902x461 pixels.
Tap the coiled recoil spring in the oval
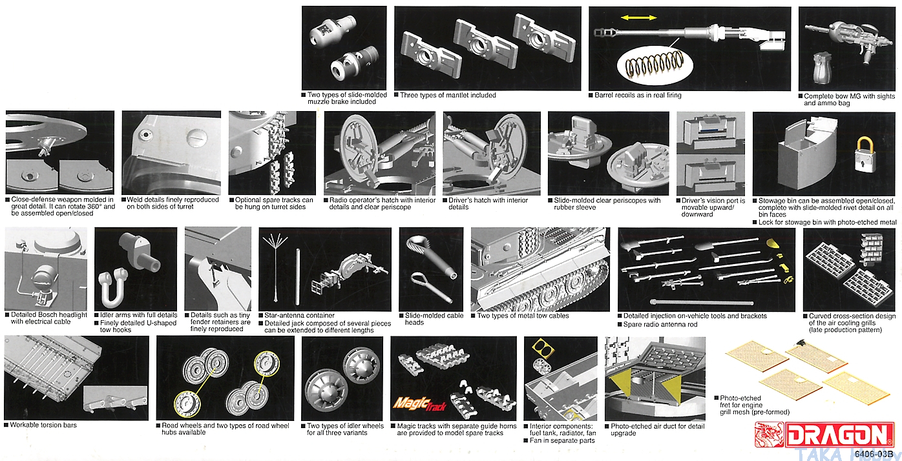pyautogui.click(x=653, y=65)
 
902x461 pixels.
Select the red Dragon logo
pyautogui.click(x=825, y=434)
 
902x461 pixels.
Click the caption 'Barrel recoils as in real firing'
pyautogui.click(x=638, y=96)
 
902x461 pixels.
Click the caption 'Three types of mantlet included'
pyautogui.click(x=448, y=96)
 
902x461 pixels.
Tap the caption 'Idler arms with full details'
pyautogui.click(x=139, y=316)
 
